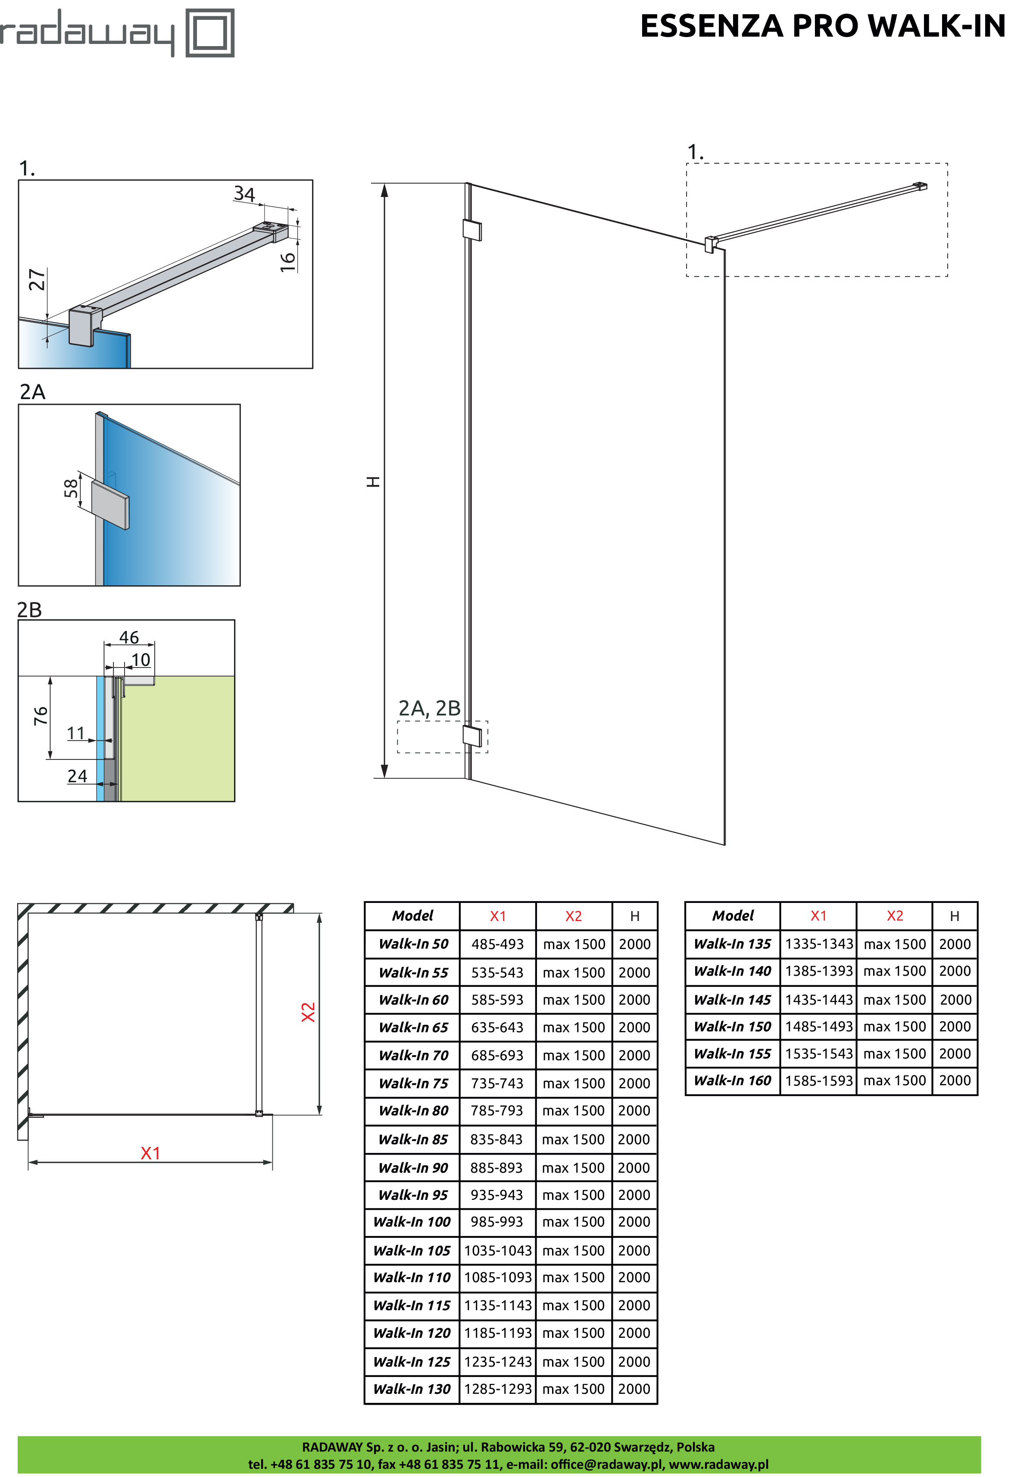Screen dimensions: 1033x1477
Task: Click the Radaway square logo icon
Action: coord(210,33)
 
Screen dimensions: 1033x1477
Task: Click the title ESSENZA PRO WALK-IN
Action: coord(823,26)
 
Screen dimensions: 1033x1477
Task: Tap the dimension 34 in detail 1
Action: coord(244,193)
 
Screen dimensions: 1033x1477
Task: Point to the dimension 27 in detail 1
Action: coord(37,280)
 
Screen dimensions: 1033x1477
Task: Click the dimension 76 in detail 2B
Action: coord(41,715)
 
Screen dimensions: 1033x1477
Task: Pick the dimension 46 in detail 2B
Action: coord(129,637)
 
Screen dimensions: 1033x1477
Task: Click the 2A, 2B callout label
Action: coord(429,708)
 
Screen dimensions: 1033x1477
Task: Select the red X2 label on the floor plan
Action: coord(309,1012)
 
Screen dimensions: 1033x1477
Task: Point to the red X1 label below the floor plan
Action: coord(150,1153)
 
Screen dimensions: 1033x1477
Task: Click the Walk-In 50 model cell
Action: coord(413,944)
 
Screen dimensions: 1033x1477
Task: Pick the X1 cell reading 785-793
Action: coord(497,1110)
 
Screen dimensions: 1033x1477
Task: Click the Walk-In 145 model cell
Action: coord(733,999)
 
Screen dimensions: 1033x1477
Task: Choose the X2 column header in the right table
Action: coord(895,915)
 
